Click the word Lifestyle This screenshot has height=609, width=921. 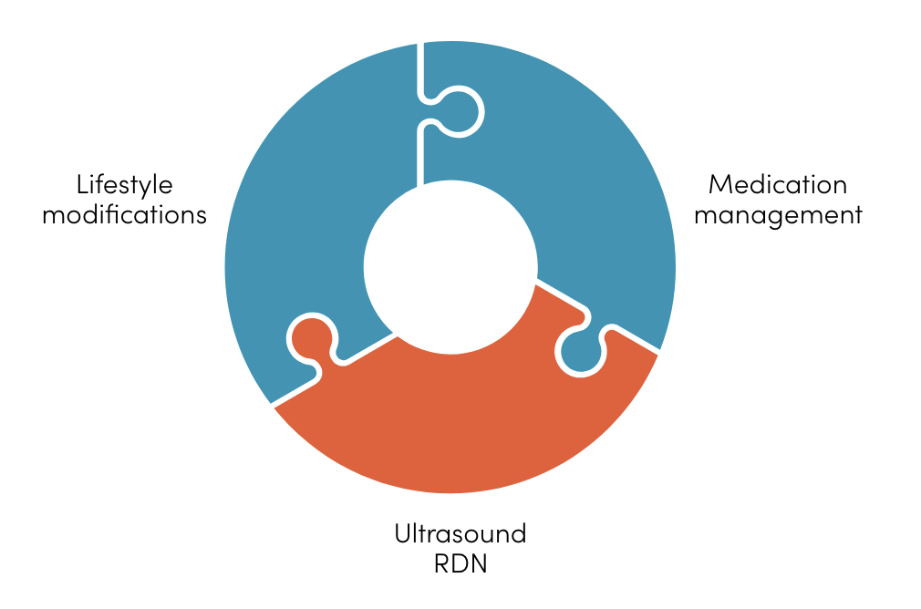[x=124, y=186]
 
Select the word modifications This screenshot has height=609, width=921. [x=124, y=216]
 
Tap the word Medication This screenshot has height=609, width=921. [x=777, y=185]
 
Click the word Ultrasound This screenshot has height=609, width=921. [x=460, y=534]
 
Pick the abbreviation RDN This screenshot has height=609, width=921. [x=460, y=565]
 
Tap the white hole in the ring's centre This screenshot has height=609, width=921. [x=450, y=267]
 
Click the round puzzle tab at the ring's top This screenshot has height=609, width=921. [x=461, y=111]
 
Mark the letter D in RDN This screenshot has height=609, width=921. [x=460, y=565]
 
